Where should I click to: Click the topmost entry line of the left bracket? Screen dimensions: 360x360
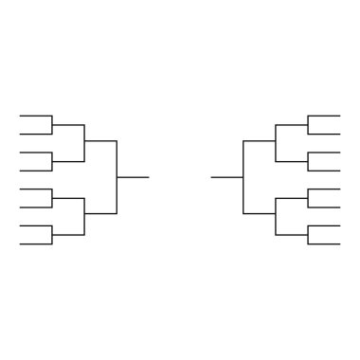tap(35, 116)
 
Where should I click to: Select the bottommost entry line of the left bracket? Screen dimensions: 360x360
tap(35, 244)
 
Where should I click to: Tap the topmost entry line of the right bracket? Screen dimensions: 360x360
tap(324, 116)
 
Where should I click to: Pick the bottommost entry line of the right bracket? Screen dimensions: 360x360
tap(324, 244)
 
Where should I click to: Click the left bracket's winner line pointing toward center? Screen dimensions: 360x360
tap(133, 177)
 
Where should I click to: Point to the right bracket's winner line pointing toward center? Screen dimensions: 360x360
tap(227, 177)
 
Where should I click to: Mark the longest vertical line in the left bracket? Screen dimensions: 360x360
tap(117, 177)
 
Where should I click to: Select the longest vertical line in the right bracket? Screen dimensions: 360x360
tap(243, 177)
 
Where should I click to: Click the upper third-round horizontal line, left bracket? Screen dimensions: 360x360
tap(100, 141)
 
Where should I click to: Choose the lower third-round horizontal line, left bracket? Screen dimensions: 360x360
tap(100, 214)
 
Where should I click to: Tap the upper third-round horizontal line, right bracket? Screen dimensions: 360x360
tap(260, 141)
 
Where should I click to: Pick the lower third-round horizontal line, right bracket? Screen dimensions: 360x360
tap(260, 214)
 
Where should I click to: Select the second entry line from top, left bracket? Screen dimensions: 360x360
tap(35, 134)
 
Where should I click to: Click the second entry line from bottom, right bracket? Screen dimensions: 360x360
tap(324, 225)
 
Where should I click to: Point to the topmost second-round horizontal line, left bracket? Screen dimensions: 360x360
tap(68, 124)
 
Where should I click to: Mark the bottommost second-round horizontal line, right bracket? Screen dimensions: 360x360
tap(292, 235)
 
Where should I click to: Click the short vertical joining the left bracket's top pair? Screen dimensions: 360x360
tap(52, 124)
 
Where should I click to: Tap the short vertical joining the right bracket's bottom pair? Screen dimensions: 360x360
tap(308, 235)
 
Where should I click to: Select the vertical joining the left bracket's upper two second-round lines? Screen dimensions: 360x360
tap(84, 142)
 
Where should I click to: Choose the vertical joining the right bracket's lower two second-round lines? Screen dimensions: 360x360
tap(276, 216)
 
